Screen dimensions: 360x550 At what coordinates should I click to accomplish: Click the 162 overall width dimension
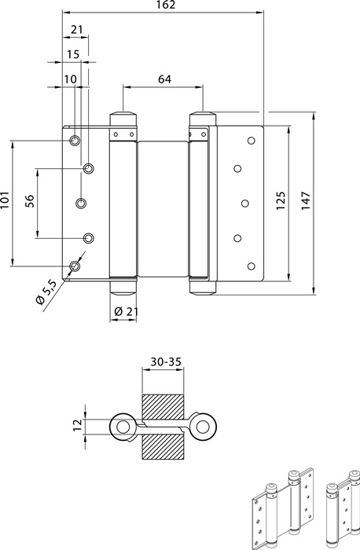click(x=167, y=5)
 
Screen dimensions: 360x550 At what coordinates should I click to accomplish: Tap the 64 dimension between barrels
click(x=164, y=79)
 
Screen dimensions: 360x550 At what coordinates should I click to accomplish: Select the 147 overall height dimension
click(x=306, y=200)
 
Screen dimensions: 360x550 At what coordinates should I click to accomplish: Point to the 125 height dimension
click(x=281, y=200)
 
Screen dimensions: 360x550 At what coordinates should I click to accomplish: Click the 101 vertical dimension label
click(x=5, y=200)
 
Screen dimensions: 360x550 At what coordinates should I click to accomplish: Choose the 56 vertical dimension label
click(x=30, y=201)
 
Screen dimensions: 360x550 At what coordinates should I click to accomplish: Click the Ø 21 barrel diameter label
click(x=127, y=311)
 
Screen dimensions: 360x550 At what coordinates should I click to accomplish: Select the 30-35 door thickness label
click(x=167, y=361)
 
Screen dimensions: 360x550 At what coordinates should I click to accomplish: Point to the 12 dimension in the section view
click(x=78, y=425)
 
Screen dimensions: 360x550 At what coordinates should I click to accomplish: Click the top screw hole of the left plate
click(x=74, y=141)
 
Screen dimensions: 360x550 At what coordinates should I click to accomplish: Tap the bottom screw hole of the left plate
click(x=75, y=266)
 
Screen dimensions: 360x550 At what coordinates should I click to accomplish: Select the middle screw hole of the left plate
click(x=82, y=203)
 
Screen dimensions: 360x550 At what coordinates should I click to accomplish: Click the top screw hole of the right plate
click(x=251, y=141)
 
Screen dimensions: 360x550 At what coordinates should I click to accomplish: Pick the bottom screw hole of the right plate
click(x=251, y=266)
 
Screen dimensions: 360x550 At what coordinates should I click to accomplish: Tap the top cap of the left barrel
click(x=123, y=118)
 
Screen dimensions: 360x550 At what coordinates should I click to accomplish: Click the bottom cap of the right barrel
click(x=203, y=288)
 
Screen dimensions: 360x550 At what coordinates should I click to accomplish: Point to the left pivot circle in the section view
click(x=123, y=427)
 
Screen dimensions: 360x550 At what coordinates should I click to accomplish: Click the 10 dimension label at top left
click(x=70, y=79)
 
